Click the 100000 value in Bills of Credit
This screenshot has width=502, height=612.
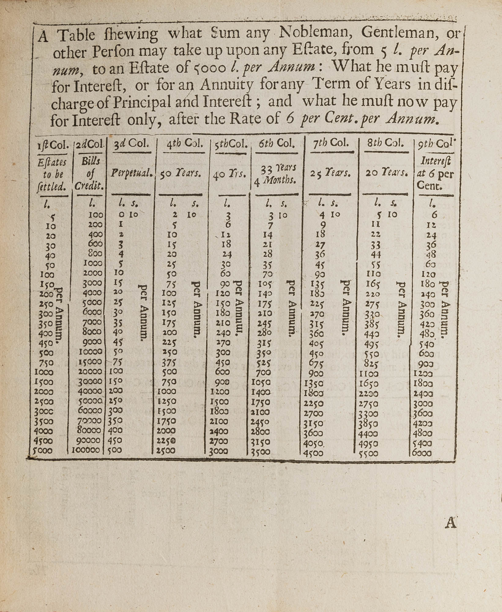[86, 450]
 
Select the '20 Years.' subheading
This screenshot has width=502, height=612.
[387, 173]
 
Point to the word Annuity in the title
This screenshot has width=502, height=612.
[227, 85]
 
